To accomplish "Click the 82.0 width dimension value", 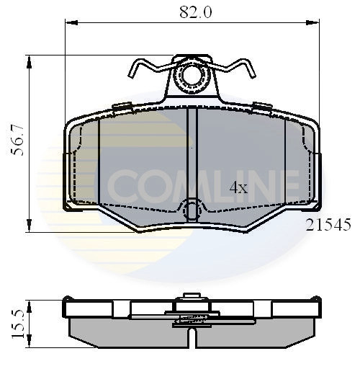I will pos(190,12).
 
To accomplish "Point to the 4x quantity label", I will pos(238,188).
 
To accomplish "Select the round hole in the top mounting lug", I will pos(192,74).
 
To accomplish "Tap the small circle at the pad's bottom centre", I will pos(192,210).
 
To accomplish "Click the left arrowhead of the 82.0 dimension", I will pos(70,23).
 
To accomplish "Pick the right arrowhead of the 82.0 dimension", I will pos(315,23).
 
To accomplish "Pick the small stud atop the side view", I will pos(192,295).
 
